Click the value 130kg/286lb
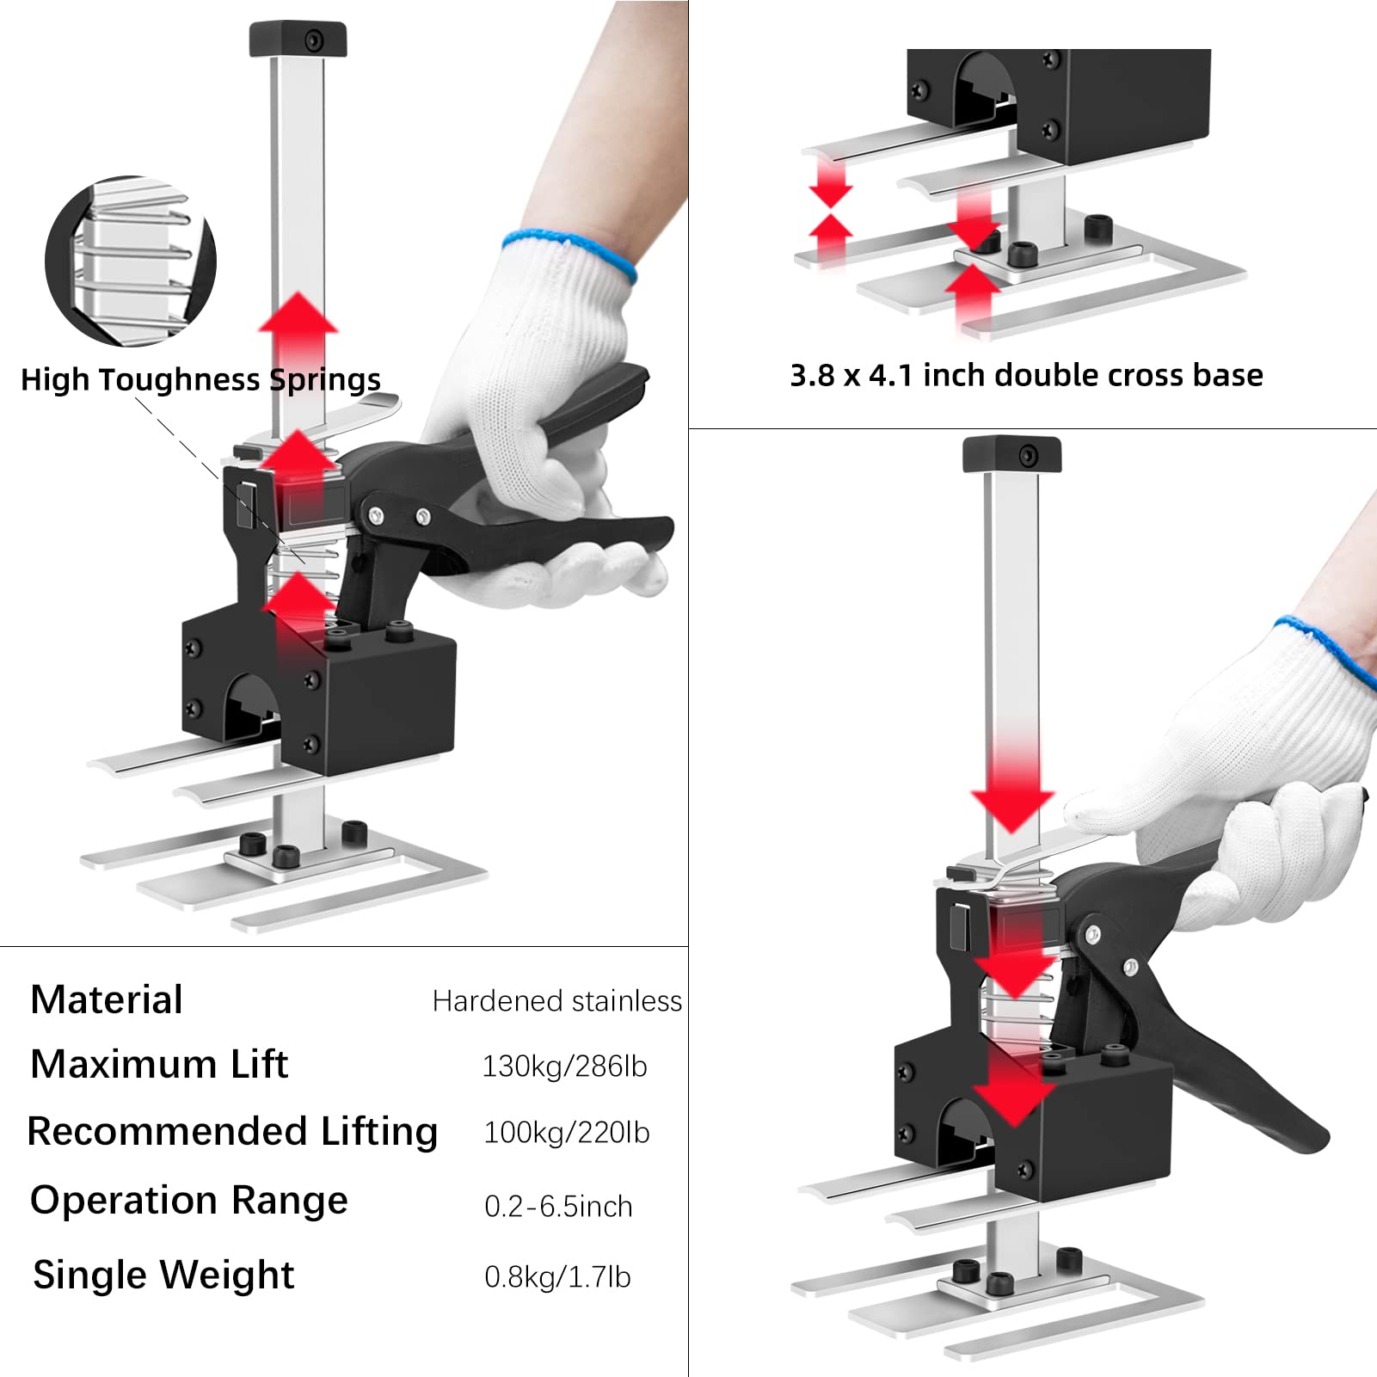(564, 1067)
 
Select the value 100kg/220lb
(566, 1133)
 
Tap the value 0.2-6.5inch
(558, 1207)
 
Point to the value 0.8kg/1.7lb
(557, 1277)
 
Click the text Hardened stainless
(556, 1001)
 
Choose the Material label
(107, 1000)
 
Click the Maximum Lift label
(159, 1065)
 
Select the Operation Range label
(189, 1201)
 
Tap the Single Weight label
(163, 1275)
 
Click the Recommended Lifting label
(232, 1132)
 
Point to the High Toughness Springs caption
(200, 379)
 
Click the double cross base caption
(1026, 375)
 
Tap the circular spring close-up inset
(131, 261)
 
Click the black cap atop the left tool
(298, 40)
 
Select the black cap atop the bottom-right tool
(1011, 454)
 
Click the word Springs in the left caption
(325, 379)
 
